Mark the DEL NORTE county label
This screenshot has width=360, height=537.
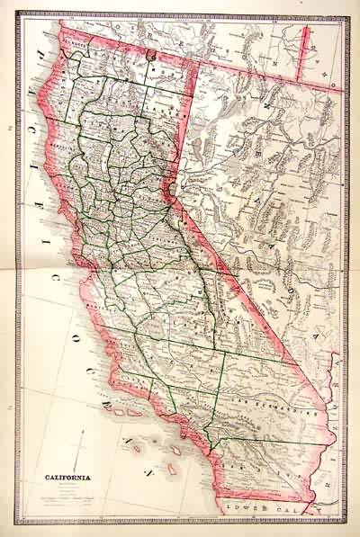[73, 42]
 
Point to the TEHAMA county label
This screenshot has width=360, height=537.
[105, 135]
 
